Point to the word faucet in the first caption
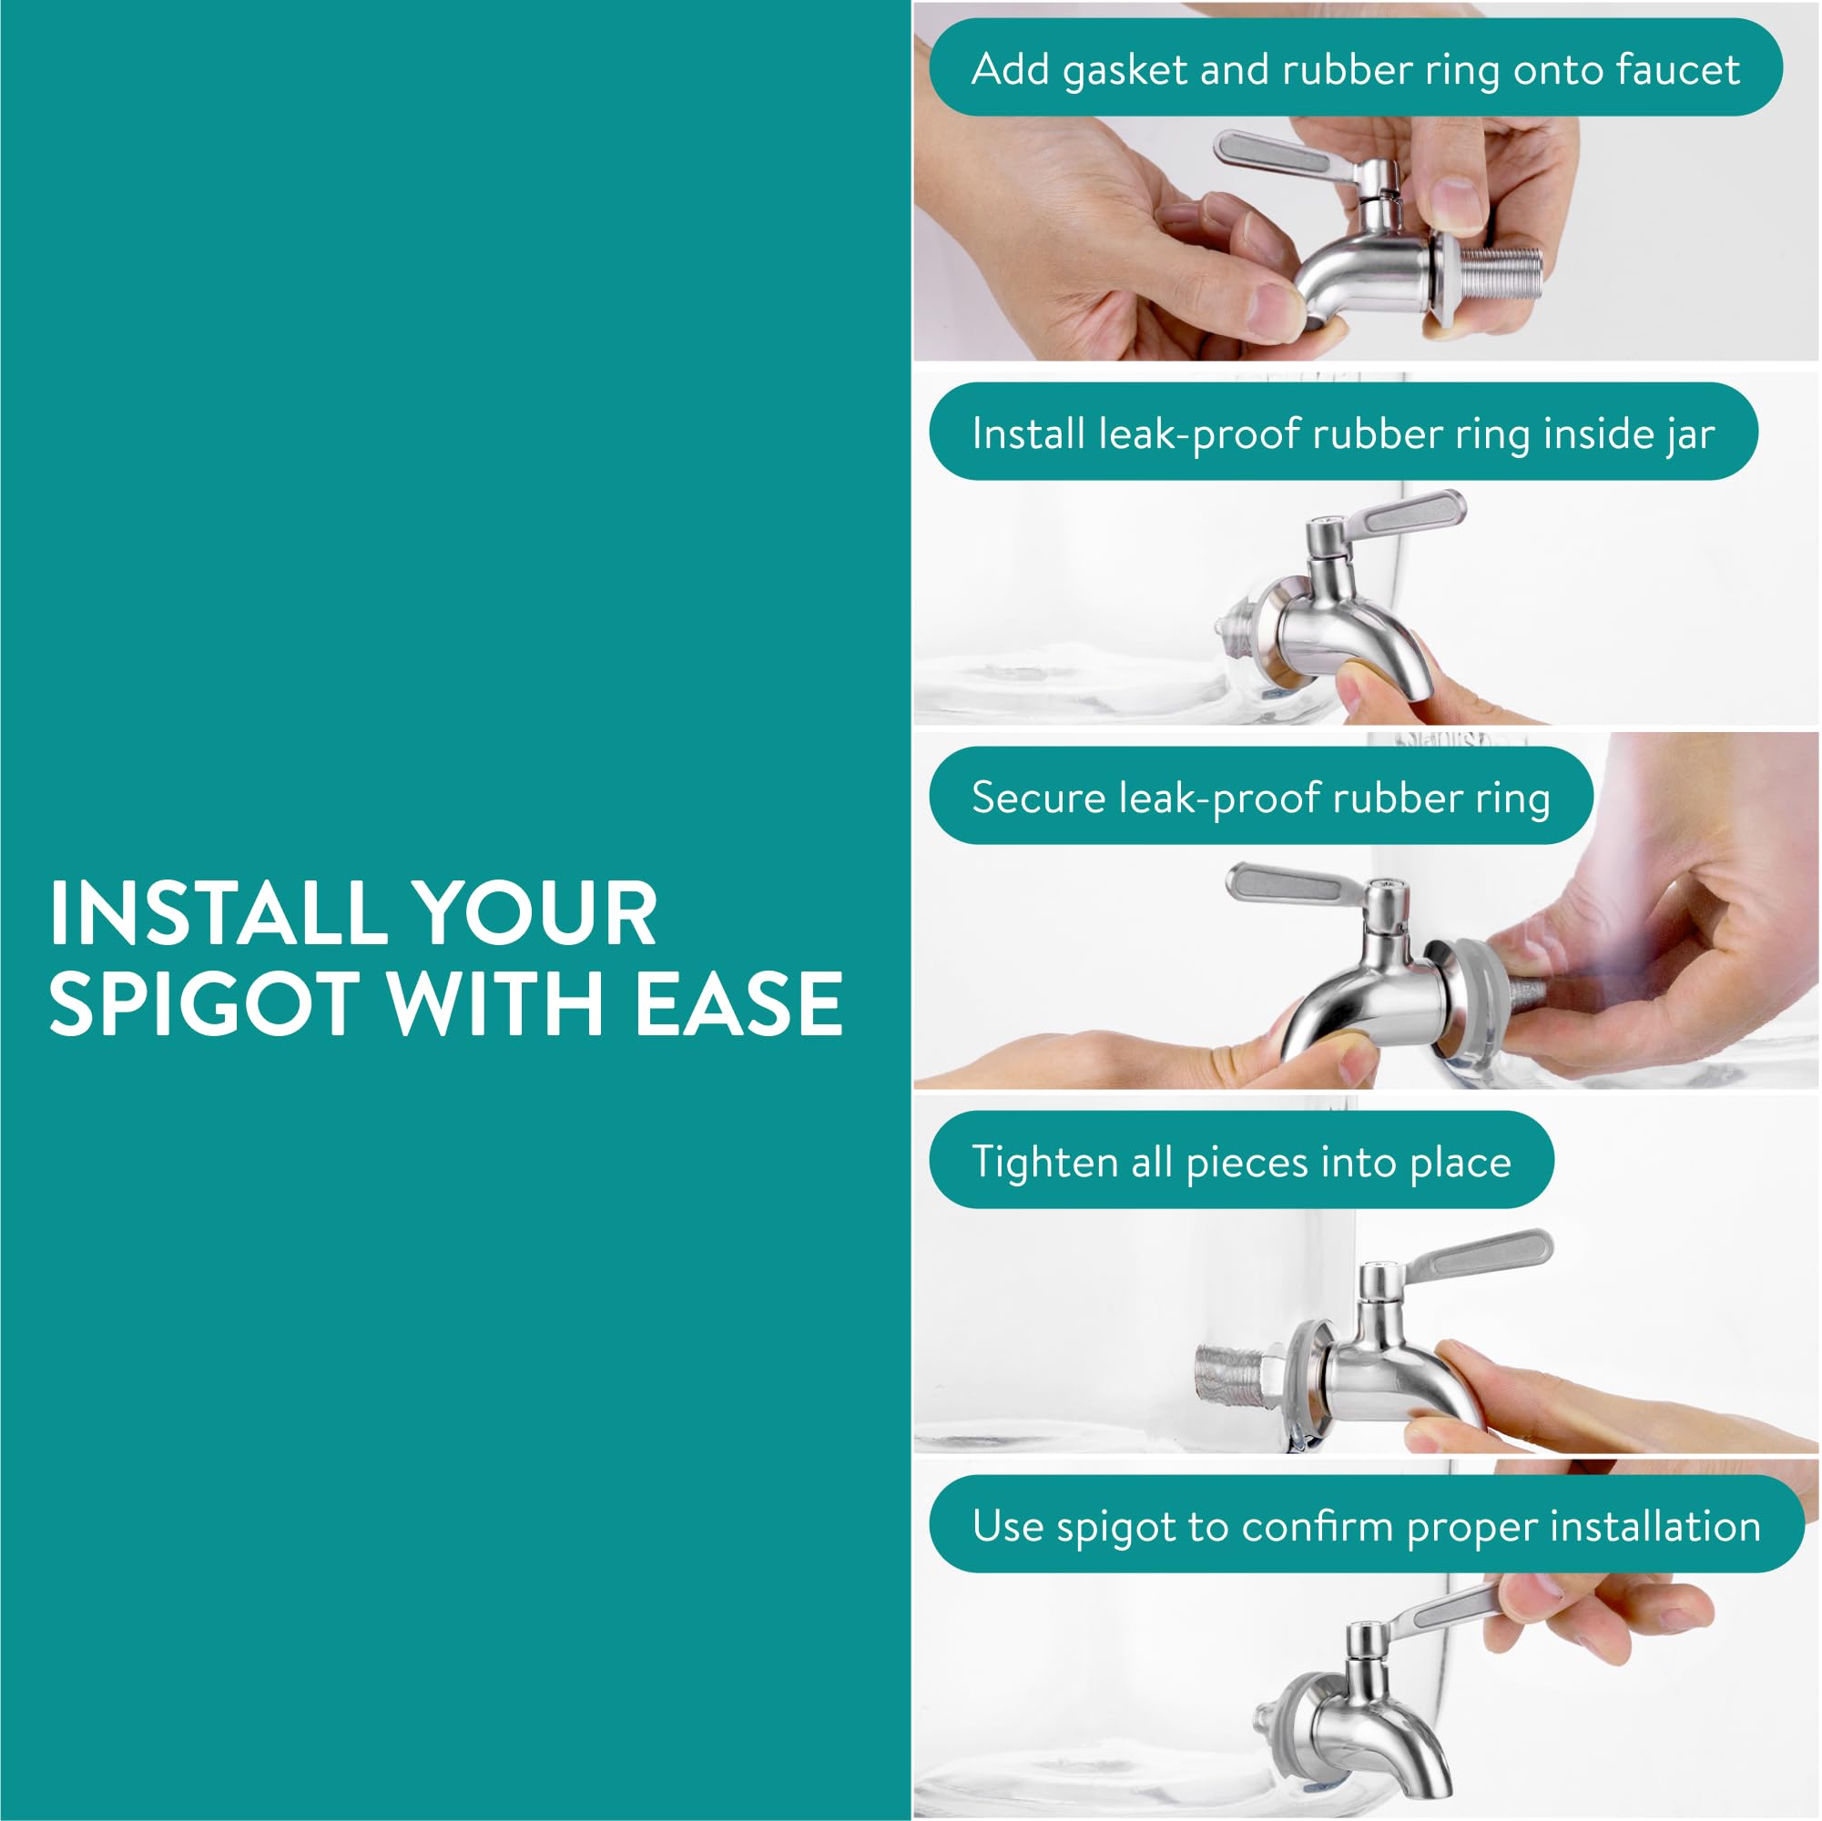[x=1678, y=69]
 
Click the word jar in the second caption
[x=1689, y=434]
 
